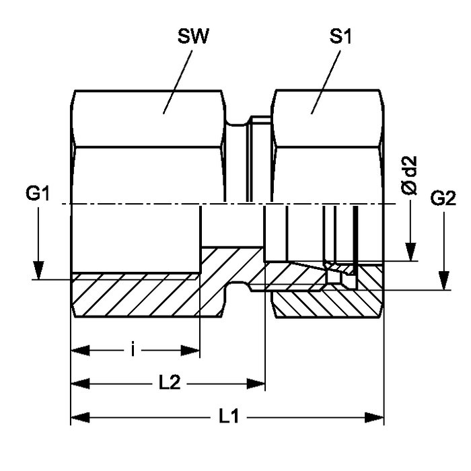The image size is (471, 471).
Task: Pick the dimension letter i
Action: [x=135, y=350]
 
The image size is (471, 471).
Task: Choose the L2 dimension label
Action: [x=168, y=384]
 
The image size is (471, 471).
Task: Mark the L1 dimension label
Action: [x=229, y=418]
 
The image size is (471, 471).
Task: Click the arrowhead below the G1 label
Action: [x=39, y=269]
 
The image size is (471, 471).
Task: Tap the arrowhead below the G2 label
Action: [x=443, y=281]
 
